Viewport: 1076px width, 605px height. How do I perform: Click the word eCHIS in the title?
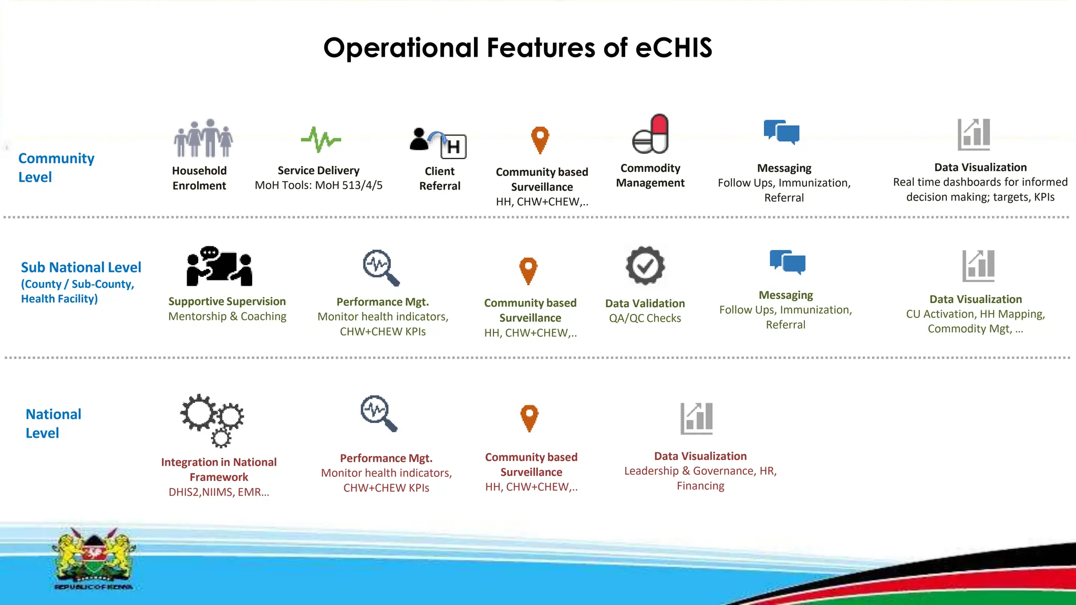tap(674, 48)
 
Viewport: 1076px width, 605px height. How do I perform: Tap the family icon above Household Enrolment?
tap(203, 138)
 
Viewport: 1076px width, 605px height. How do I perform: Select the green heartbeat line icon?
tap(320, 139)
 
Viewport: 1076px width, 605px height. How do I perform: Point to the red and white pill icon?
tap(650, 134)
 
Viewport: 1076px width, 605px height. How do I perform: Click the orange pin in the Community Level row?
tap(540, 139)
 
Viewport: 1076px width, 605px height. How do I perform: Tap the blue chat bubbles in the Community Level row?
tap(781, 131)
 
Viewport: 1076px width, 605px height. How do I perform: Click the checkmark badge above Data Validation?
tap(645, 266)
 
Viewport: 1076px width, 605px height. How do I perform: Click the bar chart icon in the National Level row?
tap(697, 419)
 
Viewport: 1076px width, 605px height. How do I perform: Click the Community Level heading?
tap(56, 168)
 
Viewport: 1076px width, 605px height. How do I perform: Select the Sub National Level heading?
tap(81, 267)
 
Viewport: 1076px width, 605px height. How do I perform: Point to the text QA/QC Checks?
tap(645, 318)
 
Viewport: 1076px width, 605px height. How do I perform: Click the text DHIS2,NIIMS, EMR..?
tap(219, 492)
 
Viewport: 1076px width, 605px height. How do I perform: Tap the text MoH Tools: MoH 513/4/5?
tap(318, 185)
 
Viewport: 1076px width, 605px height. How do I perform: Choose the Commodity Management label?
tap(650, 175)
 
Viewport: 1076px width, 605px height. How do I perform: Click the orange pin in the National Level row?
tap(530, 418)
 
